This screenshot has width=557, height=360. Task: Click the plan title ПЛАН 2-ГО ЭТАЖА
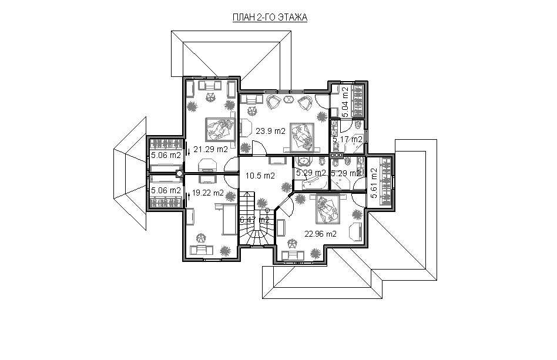[x=270, y=18]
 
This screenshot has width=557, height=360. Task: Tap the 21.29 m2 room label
[x=211, y=150]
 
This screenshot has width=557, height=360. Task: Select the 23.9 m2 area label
[x=271, y=131]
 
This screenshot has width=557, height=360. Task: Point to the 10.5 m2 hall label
[x=260, y=176]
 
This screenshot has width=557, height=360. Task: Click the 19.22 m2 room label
[x=208, y=193]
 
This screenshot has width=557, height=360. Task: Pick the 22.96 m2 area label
[x=321, y=234]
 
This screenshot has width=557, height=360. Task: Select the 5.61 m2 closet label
[x=374, y=183]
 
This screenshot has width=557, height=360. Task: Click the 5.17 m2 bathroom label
[x=347, y=140]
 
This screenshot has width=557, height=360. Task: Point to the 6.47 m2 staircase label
[x=254, y=220]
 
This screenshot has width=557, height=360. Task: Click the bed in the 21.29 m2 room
[x=221, y=130]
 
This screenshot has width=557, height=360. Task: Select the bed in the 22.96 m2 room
[x=327, y=210]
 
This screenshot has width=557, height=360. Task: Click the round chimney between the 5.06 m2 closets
[x=180, y=174]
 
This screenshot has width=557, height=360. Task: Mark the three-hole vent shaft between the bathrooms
[x=336, y=155]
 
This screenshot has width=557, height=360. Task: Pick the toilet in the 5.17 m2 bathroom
[x=358, y=125]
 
